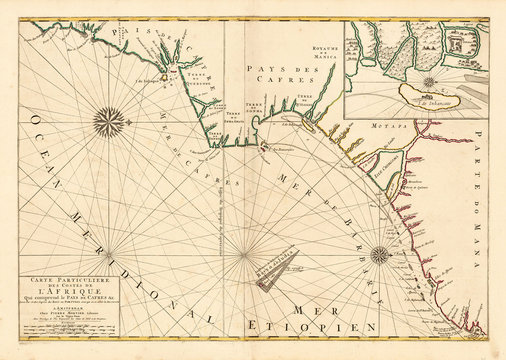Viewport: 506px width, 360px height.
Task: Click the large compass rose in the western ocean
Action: (108, 123)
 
